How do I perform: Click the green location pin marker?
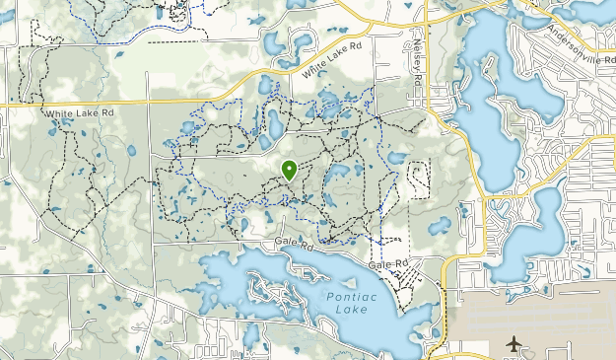(x=289, y=170)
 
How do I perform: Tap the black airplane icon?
(x=513, y=344)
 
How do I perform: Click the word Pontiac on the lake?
(x=348, y=295)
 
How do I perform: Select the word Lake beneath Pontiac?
(x=351, y=309)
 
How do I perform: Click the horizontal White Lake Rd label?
(x=79, y=114)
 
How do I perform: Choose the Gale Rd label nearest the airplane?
(x=388, y=265)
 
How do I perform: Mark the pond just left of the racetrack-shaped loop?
(x=396, y=158)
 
